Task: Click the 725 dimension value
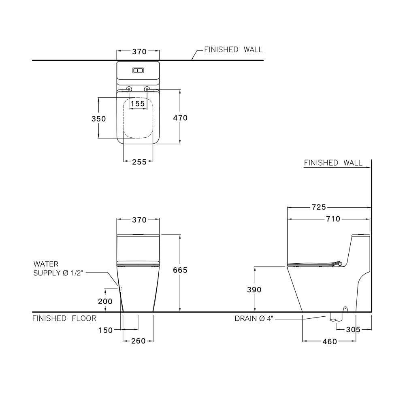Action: pyautogui.click(x=319, y=207)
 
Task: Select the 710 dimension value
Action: pyautogui.click(x=333, y=219)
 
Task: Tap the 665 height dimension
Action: pyautogui.click(x=180, y=270)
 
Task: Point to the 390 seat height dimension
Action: pyautogui.click(x=254, y=290)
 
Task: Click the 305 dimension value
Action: pyautogui.click(x=353, y=330)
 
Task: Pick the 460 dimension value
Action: pyautogui.click(x=330, y=341)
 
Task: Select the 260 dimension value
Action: pyautogui.click(x=138, y=341)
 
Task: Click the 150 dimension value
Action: pyautogui.click(x=105, y=330)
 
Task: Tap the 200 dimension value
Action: pyautogui.click(x=105, y=301)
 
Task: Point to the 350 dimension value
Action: pyautogui.click(x=98, y=119)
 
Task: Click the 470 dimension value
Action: pyautogui.click(x=180, y=118)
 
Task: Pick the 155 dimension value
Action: pyautogui.click(x=138, y=104)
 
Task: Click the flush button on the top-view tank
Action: pyautogui.click(x=138, y=70)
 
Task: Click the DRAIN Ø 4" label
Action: pyautogui.click(x=254, y=318)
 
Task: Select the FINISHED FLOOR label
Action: pyautogui.click(x=64, y=318)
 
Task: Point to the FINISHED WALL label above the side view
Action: pyautogui.click(x=333, y=163)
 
